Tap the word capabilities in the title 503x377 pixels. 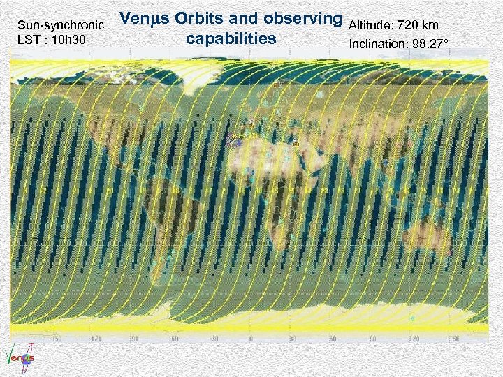coord(231,38)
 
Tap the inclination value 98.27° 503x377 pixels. coord(427,45)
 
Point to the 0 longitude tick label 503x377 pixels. coord(251,339)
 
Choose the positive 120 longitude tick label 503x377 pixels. coord(415,339)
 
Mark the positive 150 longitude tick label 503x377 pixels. coord(454,339)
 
